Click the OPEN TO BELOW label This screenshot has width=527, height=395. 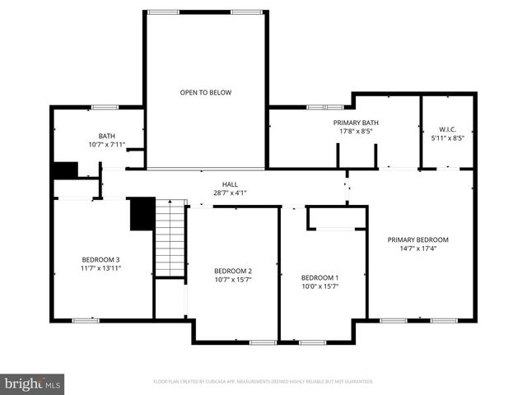click(206, 92)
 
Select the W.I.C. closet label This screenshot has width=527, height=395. click(447, 129)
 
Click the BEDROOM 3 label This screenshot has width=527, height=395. click(101, 259)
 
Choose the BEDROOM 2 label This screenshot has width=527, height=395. click(233, 271)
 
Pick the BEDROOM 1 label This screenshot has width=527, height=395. click(319, 277)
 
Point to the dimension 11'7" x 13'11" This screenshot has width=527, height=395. click(101, 267)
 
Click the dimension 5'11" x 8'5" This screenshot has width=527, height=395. click(447, 137)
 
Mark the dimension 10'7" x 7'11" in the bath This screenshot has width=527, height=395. click(107, 145)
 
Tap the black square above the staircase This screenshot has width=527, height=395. click(142, 214)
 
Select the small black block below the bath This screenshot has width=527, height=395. click(64, 170)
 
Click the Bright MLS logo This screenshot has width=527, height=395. click(33, 383)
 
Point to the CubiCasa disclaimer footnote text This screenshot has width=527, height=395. click(263, 381)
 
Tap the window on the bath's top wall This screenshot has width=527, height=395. click(104, 106)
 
